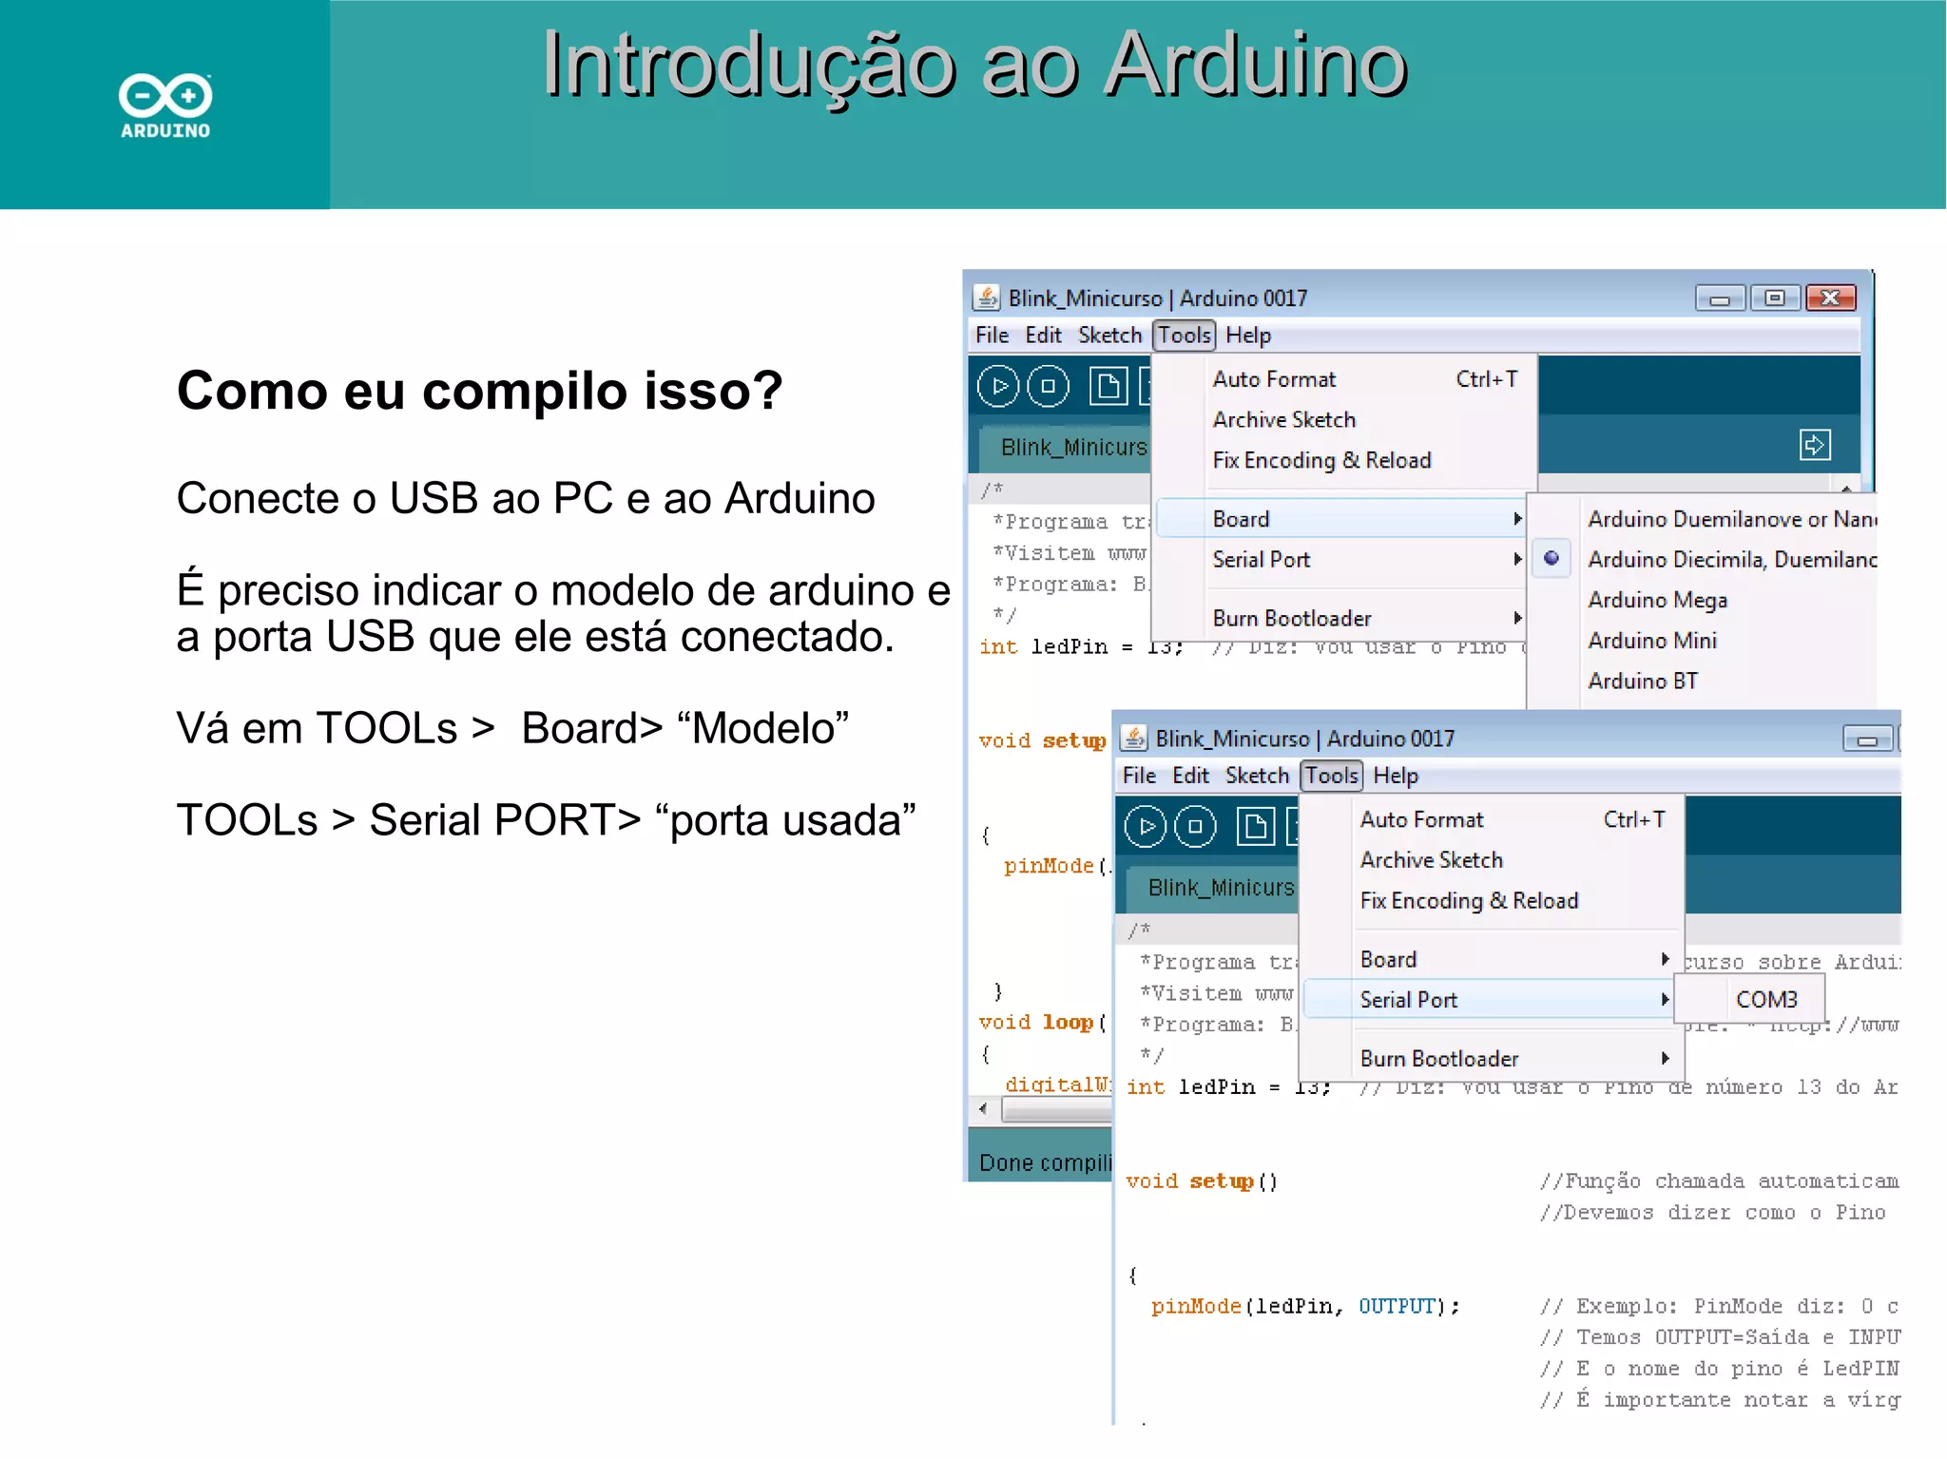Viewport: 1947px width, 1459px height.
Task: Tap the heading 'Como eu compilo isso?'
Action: pyautogui.click(x=479, y=391)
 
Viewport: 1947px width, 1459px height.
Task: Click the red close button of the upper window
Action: pyautogui.click(x=1830, y=298)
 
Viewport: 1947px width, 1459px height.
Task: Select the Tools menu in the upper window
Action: pyautogui.click(x=1184, y=336)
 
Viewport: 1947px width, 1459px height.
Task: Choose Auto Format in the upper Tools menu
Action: pyautogui.click(x=1274, y=379)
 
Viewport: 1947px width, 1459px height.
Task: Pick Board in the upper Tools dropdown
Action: pyautogui.click(x=1241, y=519)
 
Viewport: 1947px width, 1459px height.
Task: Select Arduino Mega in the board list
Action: pyautogui.click(x=1657, y=600)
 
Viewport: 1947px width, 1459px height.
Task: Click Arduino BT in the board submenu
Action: pyautogui.click(x=1643, y=681)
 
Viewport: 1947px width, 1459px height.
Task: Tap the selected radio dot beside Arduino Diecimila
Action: pyautogui.click(x=1552, y=558)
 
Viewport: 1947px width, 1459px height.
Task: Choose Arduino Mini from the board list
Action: pyautogui.click(x=1652, y=641)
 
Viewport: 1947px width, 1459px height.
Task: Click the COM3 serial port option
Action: pyautogui.click(x=1765, y=1000)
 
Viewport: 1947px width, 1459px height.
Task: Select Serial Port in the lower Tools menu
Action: pyautogui.click(x=1408, y=1000)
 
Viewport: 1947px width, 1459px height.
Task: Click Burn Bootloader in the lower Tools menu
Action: pyautogui.click(x=1438, y=1059)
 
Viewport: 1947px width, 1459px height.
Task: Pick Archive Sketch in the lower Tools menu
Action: pyautogui.click(x=1431, y=860)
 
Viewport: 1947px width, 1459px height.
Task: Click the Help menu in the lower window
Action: pyautogui.click(x=1395, y=777)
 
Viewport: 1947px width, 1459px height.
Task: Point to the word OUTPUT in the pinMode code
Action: pyautogui.click(x=1396, y=1307)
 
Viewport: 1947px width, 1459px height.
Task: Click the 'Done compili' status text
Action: pyautogui.click(x=1044, y=1162)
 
